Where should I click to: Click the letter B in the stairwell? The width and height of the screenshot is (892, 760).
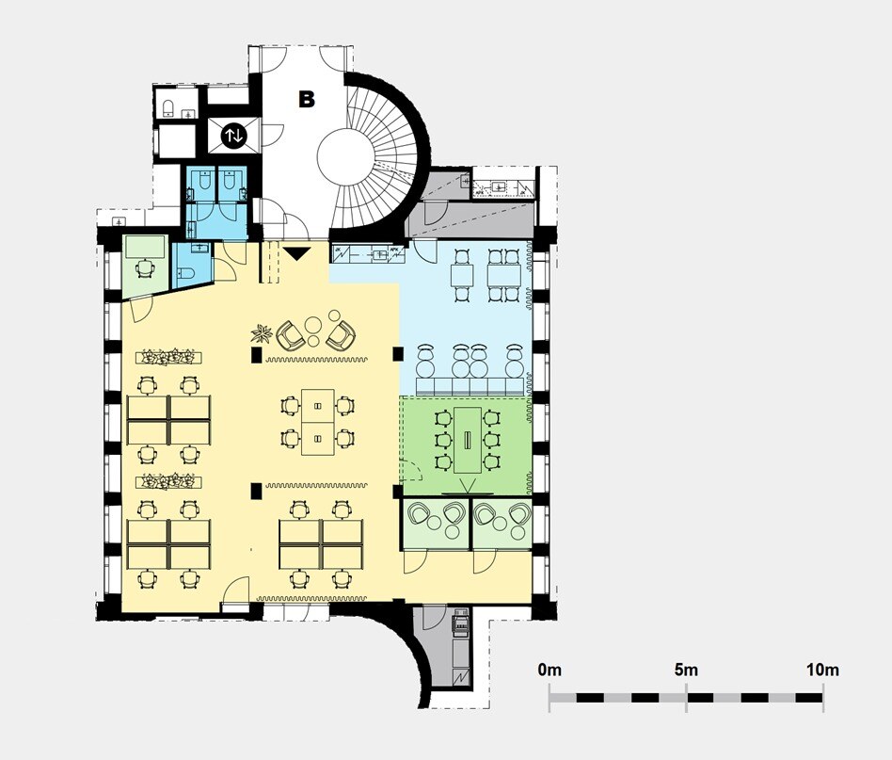(x=307, y=99)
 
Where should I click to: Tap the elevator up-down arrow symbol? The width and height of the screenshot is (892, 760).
(x=233, y=136)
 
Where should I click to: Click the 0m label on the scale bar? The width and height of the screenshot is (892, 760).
(x=550, y=670)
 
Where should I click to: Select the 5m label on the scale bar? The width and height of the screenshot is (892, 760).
(x=686, y=670)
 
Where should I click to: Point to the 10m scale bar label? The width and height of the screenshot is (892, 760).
(x=822, y=670)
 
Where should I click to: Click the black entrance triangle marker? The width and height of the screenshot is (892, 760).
(x=296, y=254)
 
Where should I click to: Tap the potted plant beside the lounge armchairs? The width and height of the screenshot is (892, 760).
(x=263, y=333)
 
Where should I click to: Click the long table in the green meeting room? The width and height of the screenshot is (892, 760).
(x=468, y=440)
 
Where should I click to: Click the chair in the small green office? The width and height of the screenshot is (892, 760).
(x=146, y=267)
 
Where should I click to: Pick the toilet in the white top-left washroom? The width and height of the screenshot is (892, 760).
(x=168, y=107)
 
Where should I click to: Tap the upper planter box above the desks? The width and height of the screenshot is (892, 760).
(x=169, y=358)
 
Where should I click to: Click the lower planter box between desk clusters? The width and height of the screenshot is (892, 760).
(x=169, y=481)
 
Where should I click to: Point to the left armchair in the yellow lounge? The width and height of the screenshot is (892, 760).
(x=291, y=335)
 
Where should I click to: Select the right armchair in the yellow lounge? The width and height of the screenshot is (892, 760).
(x=341, y=335)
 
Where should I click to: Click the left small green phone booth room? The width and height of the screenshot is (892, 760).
(x=437, y=524)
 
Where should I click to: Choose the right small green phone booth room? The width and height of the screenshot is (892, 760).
(x=502, y=524)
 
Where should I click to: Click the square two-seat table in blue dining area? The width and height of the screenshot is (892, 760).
(x=462, y=276)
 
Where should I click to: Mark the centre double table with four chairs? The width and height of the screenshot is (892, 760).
(x=317, y=423)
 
